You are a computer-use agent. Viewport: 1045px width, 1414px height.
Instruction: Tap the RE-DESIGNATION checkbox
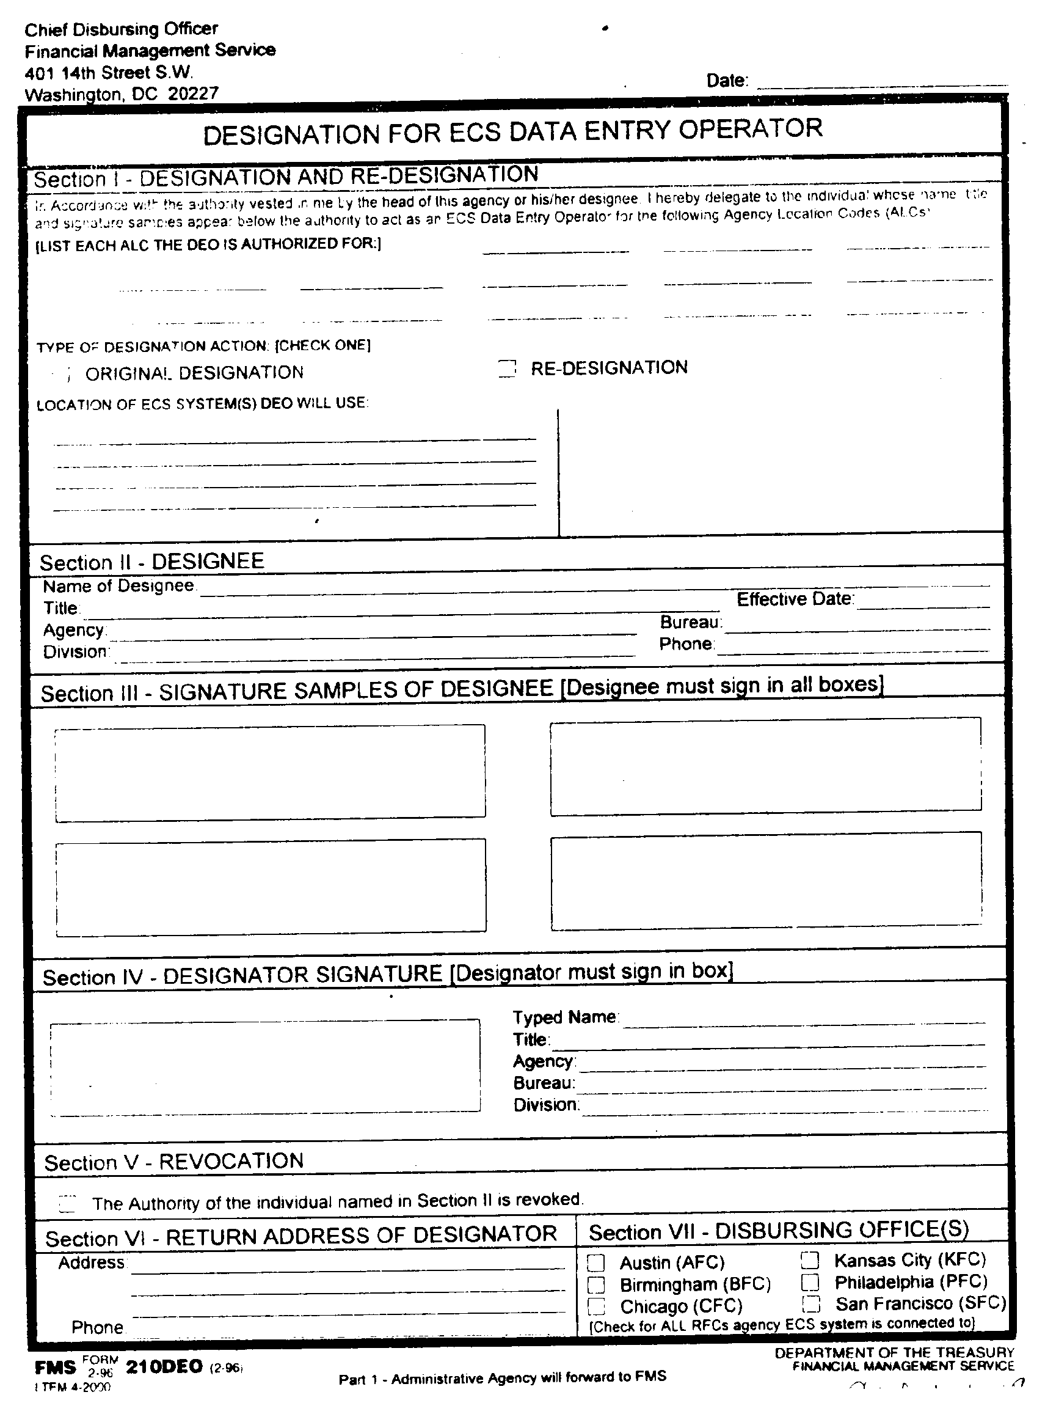click(x=507, y=368)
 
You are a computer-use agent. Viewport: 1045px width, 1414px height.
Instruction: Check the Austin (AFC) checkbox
click(x=596, y=1262)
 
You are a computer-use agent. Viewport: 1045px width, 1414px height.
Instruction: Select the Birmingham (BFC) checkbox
click(x=596, y=1285)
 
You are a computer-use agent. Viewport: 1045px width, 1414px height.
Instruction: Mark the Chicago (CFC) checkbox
click(x=596, y=1306)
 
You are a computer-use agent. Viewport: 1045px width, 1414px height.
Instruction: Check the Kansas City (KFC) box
click(x=810, y=1260)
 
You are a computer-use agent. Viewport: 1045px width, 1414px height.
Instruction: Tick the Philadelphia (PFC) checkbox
click(x=810, y=1283)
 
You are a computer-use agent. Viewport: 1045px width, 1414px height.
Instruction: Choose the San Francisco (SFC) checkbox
click(x=811, y=1304)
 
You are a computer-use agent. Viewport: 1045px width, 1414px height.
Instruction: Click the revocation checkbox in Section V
click(x=67, y=1203)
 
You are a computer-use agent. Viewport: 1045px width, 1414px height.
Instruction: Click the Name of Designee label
click(x=118, y=586)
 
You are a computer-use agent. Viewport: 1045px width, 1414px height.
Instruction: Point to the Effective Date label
click(x=795, y=599)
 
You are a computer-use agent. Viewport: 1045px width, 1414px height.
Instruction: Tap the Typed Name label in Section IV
click(x=564, y=1017)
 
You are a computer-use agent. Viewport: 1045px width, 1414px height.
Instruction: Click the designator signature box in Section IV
click(x=265, y=1066)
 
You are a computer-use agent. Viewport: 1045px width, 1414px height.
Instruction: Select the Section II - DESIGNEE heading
click(x=152, y=562)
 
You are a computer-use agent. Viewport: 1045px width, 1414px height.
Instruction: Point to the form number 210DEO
click(x=164, y=1367)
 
